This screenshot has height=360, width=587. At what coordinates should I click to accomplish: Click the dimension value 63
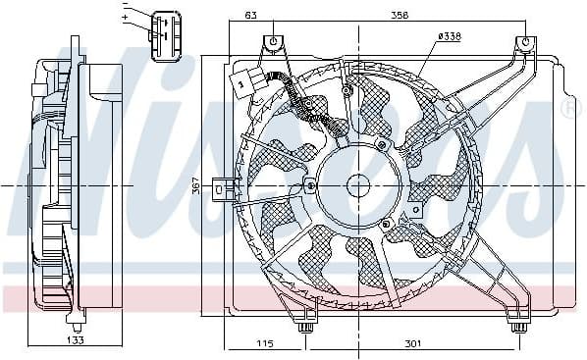pyautogui.click(x=250, y=16)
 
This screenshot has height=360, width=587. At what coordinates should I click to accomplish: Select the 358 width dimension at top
pyautogui.click(x=399, y=16)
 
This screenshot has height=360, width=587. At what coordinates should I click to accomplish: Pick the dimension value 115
pyautogui.click(x=265, y=345)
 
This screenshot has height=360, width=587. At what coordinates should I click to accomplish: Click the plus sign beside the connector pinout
pyautogui.click(x=126, y=18)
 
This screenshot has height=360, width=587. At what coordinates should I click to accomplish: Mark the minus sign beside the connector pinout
pyautogui.click(x=126, y=6)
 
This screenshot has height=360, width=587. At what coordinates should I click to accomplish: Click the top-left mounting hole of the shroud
pyautogui.click(x=274, y=41)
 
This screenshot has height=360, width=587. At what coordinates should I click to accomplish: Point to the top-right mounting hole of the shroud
pyautogui.click(x=527, y=42)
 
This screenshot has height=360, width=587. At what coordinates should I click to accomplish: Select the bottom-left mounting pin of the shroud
pyautogui.click(x=305, y=325)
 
